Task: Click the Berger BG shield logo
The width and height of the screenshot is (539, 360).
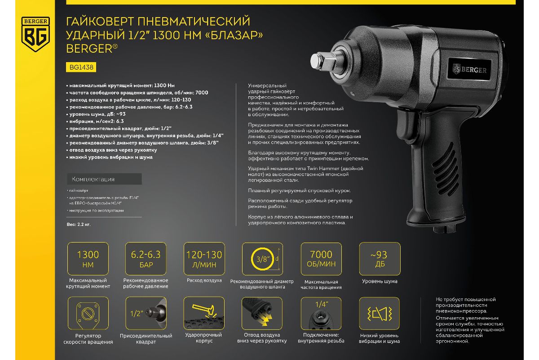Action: tap(35, 34)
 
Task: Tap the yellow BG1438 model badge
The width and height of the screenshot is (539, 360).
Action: tap(81, 67)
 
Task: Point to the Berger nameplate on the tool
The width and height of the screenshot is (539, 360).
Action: tap(469, 69)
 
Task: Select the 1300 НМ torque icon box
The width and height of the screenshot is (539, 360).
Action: tap(88, 259)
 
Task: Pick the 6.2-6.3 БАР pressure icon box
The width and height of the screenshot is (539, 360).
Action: tap(146, 259)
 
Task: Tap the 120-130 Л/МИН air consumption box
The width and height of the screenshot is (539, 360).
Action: tap(204, 259)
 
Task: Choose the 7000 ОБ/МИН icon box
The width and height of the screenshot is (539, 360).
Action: tap(321, 259)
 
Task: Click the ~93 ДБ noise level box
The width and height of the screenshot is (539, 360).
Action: tap(380, 259)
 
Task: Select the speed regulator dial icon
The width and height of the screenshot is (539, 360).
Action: tap(88, 313)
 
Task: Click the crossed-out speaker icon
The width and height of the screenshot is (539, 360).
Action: tap(380, 314)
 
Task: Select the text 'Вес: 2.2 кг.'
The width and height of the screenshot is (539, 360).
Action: tap(79, 225)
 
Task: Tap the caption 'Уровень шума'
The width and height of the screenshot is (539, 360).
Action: tap(380, 281)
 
